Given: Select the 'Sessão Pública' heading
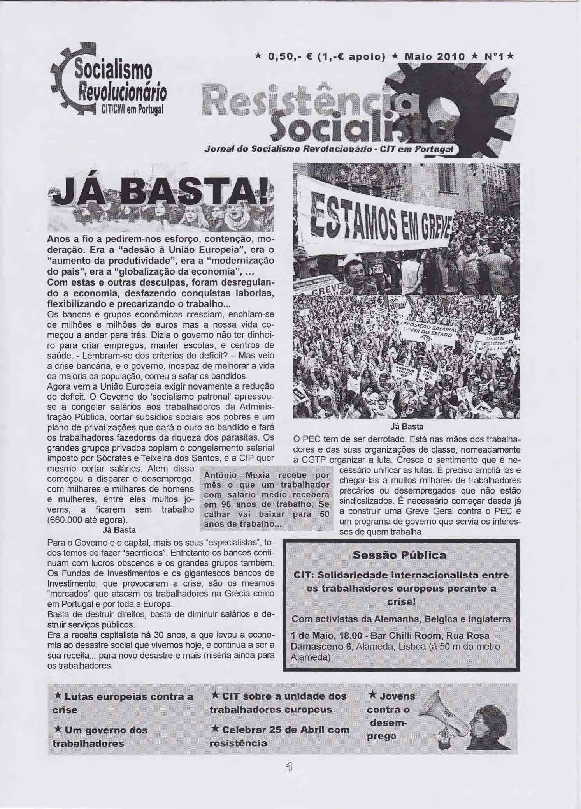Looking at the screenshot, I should coord(399,555).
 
